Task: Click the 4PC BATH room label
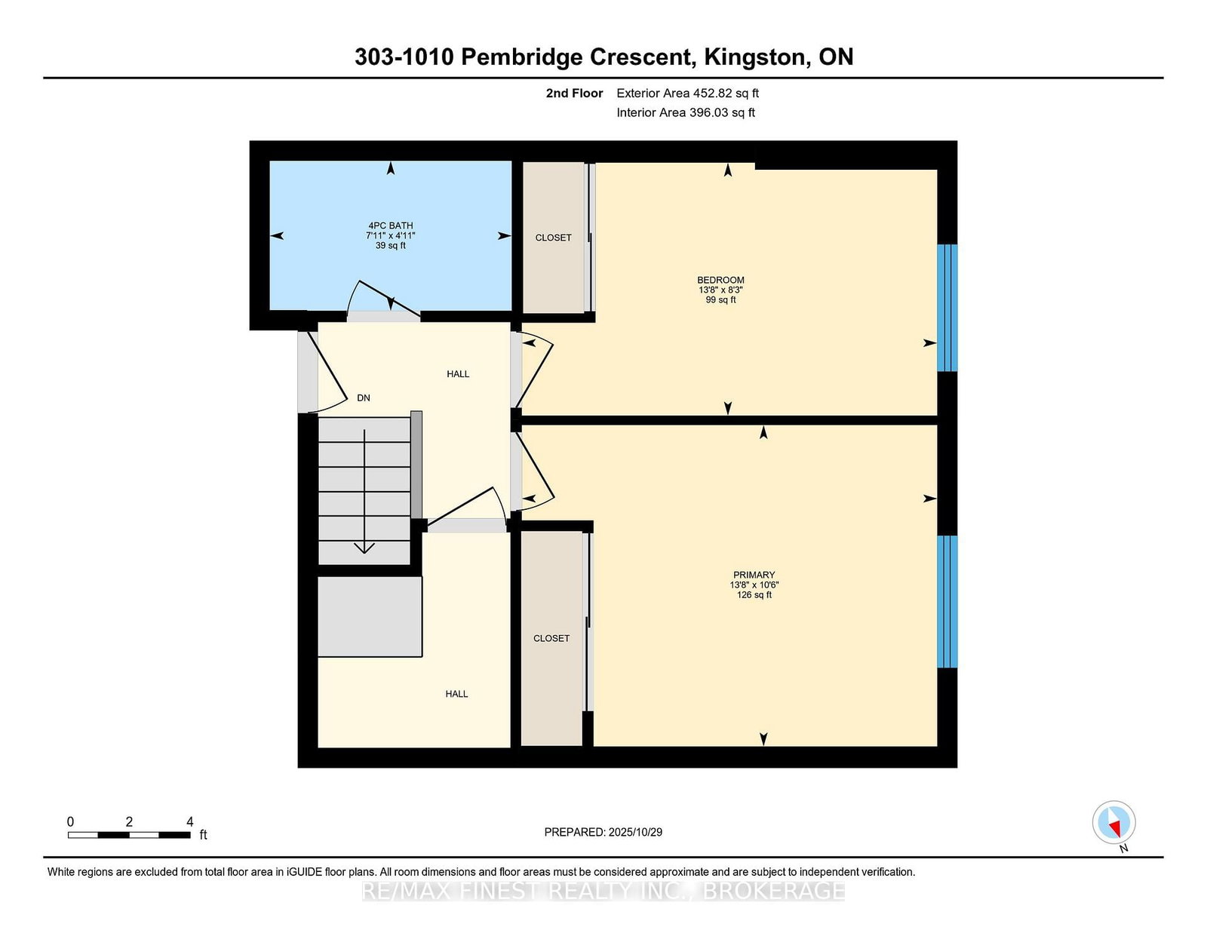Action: coord(391,226)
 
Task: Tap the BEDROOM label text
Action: coord(720,280)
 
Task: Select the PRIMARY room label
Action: coord(754,575)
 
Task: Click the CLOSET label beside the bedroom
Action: coord(553,238)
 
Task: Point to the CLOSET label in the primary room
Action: coord(551,639)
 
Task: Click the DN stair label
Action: coord(364,397)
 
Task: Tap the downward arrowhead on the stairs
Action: coord(364,548)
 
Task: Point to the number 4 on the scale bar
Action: coord(190,822)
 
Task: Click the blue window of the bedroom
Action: coord(947,308)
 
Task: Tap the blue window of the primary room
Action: coord(947,601)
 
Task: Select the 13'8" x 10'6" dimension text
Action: coord(754,585)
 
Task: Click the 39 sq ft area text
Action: coord(391,245)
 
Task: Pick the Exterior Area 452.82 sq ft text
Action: coord(688,94)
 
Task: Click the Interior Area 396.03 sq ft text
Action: coord(686,112)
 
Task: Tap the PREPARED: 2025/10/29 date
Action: coord(603,832)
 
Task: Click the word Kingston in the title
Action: coord(755,57)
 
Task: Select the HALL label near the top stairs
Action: coord(458,374)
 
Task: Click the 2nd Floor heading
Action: coord(574,94)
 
